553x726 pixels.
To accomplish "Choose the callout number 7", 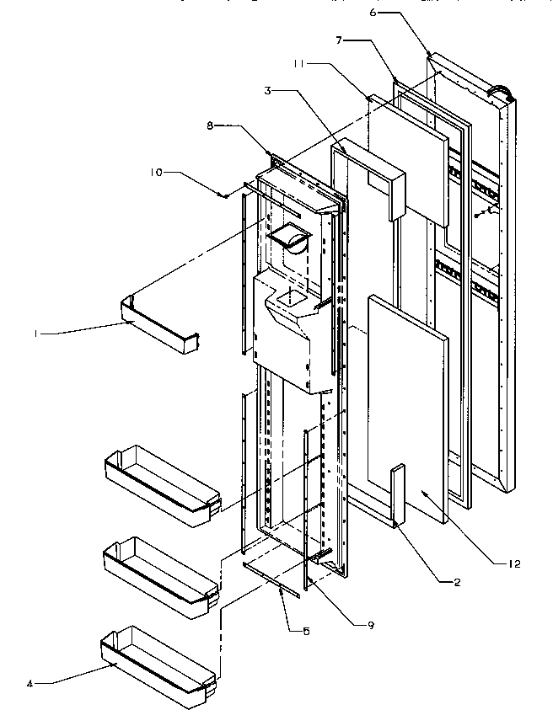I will [339, 40].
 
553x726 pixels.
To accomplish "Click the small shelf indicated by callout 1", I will [160, 323].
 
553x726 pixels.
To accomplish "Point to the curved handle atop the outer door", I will [502, 87].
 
